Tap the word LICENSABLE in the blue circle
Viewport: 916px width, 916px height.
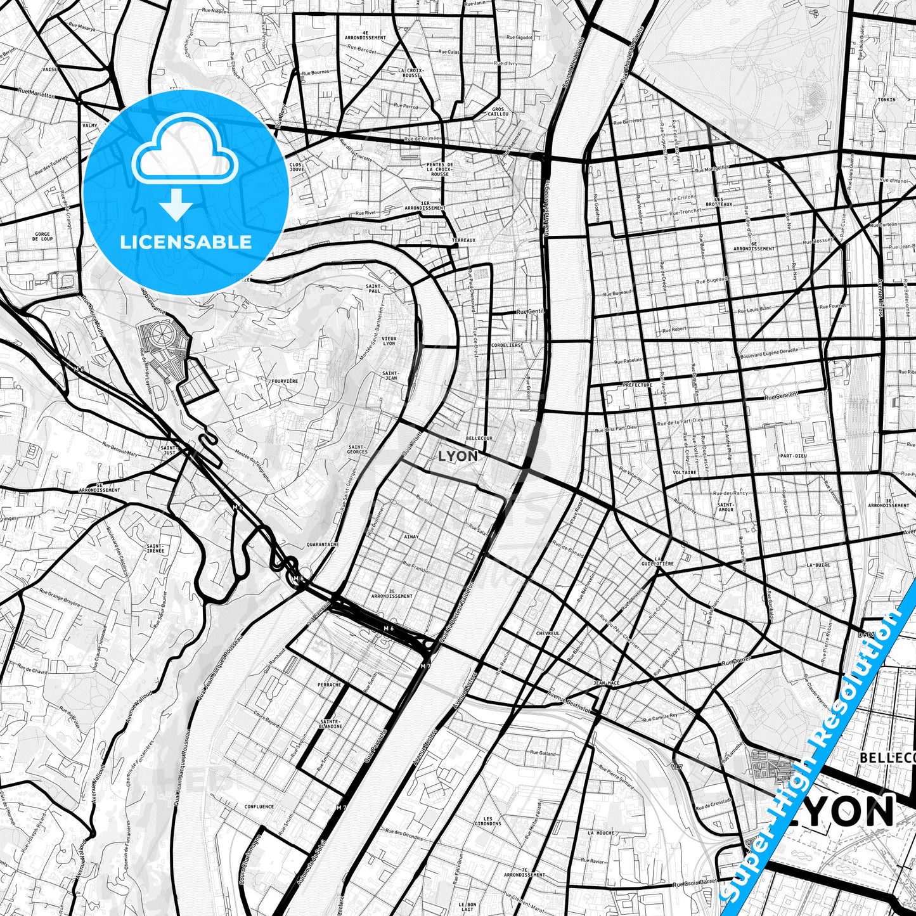[x=186, y=242]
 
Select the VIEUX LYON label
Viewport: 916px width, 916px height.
[x=389, y=340]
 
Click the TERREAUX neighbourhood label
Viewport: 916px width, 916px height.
[x=463, y=241]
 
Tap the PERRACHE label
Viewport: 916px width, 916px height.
[x=330, y=685]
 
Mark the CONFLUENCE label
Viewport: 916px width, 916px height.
[x=259, y=806]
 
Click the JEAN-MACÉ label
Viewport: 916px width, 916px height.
[x=605, y=683]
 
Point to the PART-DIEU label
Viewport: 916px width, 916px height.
[x=793, y=456]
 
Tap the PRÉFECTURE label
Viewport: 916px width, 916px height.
[x=637, y=385]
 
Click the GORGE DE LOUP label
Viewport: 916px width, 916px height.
[x=42, y=237]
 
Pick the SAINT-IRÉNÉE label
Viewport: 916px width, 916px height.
[x=155, y=548]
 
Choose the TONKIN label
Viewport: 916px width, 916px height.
[x=887, y=100]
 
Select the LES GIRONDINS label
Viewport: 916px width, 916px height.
[x=487, y=821]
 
